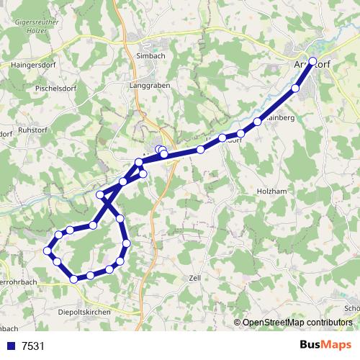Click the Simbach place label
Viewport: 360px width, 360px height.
[150, 55]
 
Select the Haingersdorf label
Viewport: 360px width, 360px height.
[30, 64]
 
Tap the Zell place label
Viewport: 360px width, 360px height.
[194, 277]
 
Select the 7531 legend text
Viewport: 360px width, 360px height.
[33, 346]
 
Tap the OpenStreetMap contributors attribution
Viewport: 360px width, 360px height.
[296, 323]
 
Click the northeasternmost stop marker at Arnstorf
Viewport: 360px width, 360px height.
[312, 61]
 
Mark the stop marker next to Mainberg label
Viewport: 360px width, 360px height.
[258, 121]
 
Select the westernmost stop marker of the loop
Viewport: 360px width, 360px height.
[48, 251]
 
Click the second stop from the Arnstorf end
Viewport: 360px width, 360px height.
[295, 89]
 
